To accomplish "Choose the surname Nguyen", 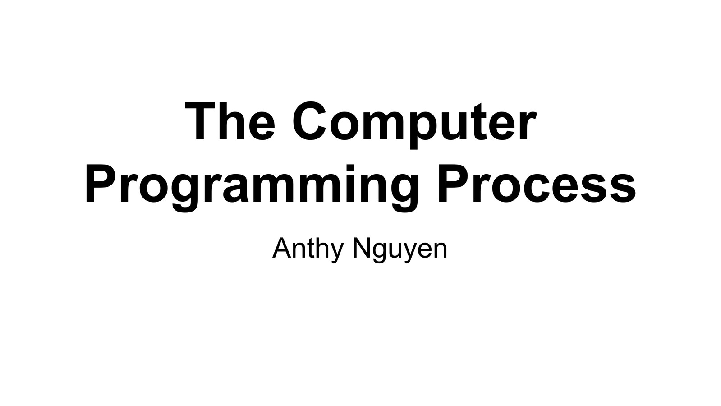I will coord(400,249).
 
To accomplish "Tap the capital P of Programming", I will coord(97,184).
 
